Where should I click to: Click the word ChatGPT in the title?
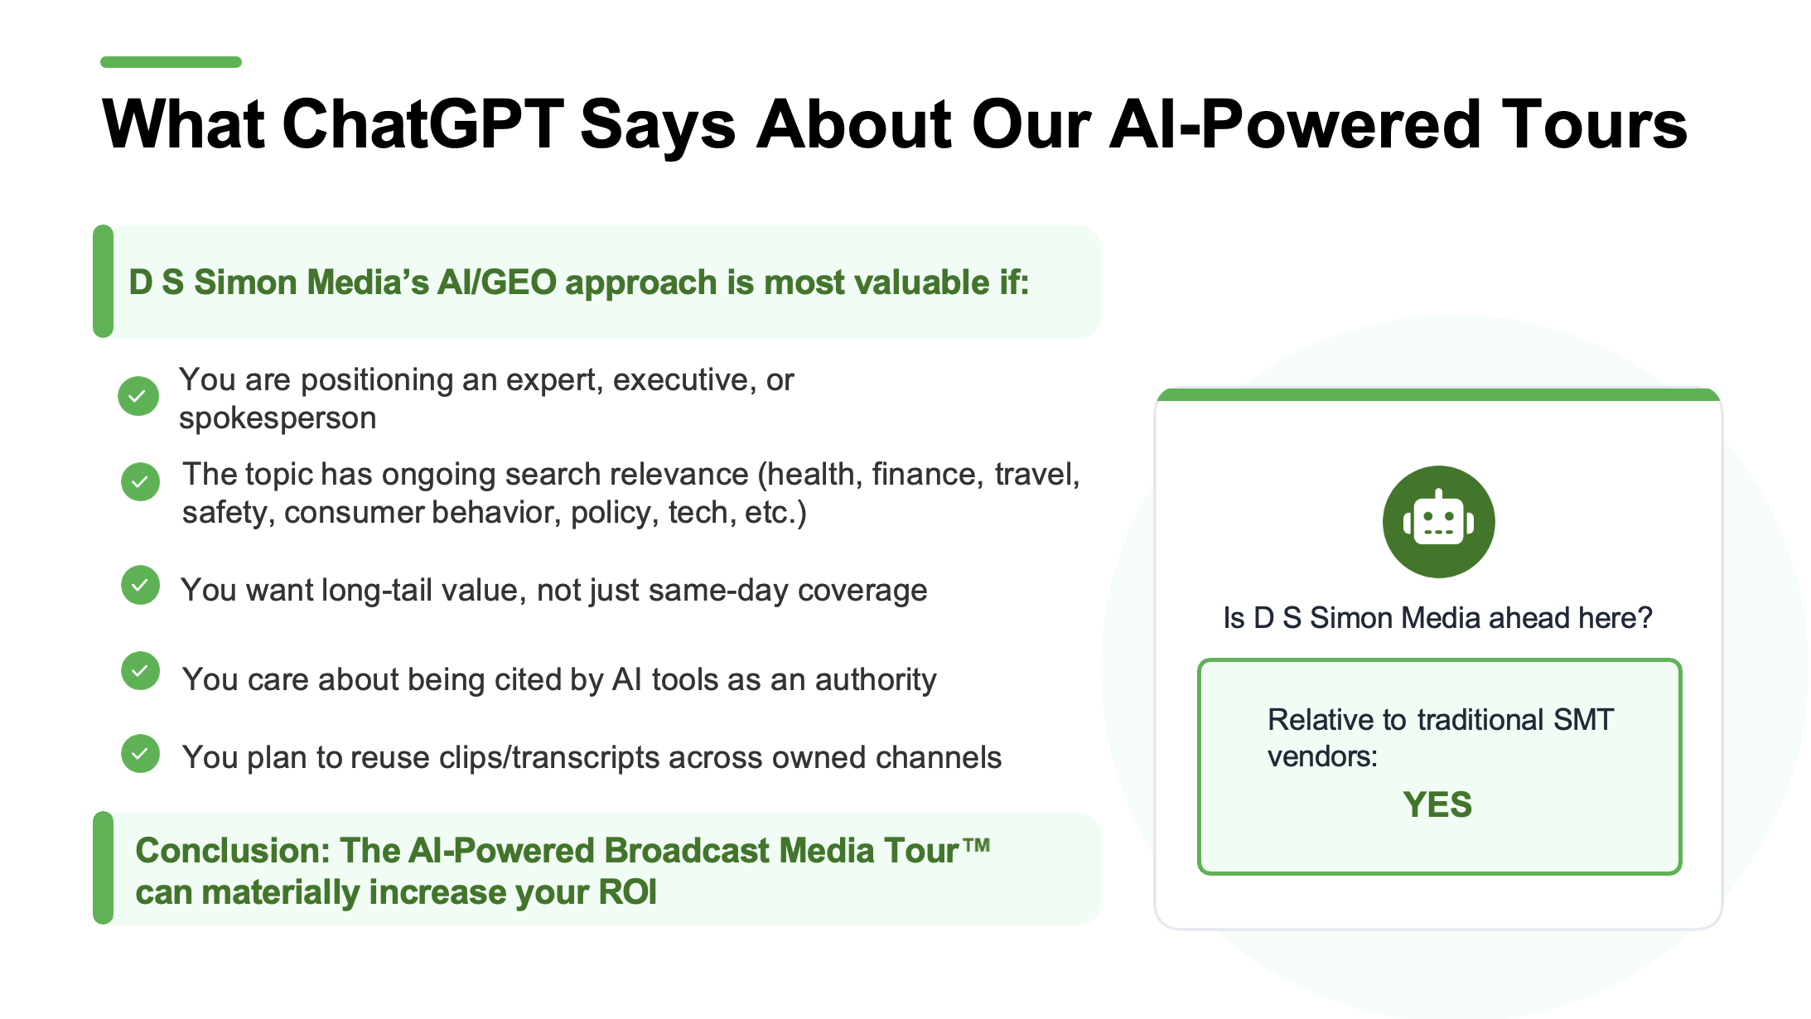(x=423, y=125)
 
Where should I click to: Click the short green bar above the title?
(x=171, y=62)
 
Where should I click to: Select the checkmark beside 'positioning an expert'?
(x=138, y=396)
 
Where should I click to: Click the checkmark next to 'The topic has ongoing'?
(x=141, y=481)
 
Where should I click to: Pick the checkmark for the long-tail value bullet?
(x=141, y=585)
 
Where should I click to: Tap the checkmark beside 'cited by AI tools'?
(x=141, y=670)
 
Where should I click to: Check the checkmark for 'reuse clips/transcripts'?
(x=141, y=754)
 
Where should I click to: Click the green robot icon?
(x=1439, y=522)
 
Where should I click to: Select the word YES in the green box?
(x=1437, y=804)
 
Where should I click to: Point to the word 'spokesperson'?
(x=278, y=418)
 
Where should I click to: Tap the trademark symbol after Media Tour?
(x=977, y=845)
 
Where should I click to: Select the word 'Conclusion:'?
(x=233, y=851)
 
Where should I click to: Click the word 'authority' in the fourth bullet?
(x=876, y=680)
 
